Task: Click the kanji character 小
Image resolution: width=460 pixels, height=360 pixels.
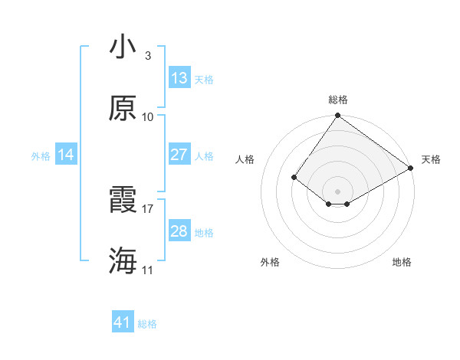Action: [x=123, y=47]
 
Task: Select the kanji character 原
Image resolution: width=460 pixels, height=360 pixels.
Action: [x=123, y=109]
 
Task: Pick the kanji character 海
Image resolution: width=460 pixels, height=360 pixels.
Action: [x=123, y=261]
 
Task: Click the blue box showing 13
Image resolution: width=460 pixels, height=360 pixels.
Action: [x=179, y=78]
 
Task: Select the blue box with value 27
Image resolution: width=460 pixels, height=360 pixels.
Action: [x=179, y=155]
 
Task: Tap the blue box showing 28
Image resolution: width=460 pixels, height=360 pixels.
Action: [x=179, y=231]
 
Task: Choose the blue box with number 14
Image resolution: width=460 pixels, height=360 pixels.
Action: [x=66, y=155]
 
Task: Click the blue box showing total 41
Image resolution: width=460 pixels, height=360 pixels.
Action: [x=123, y=322]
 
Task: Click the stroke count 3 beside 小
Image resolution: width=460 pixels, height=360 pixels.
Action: [x=147, y=56]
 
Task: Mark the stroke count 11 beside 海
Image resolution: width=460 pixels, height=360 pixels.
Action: [x=147, y=270]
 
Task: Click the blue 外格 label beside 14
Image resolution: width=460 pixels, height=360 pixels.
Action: [x=41, y=156]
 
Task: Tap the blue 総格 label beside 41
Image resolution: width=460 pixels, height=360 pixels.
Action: [x=147, y=324]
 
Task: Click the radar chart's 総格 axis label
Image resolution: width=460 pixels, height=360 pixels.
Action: [x=338, y=100]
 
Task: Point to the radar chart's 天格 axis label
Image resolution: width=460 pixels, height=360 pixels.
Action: [x=432, y=159]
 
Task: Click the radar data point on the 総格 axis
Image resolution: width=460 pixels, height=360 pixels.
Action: [x=338, y=116]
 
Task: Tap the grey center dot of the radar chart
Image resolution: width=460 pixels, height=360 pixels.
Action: [x=338, y=191]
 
